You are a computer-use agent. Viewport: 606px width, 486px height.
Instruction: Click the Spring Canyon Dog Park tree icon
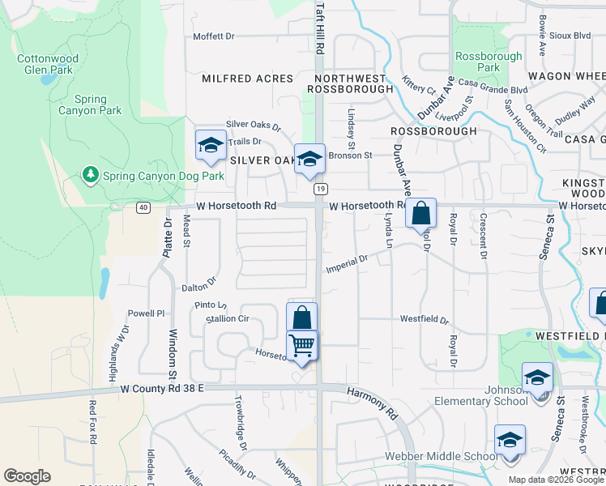point(91,175)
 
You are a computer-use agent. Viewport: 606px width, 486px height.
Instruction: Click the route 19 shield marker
point(322,189)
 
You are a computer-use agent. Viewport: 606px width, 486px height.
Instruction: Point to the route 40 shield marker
point(143,207)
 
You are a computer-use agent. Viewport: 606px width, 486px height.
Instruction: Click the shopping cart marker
point(302,345)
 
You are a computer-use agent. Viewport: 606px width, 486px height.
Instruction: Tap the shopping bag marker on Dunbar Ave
point(421,215)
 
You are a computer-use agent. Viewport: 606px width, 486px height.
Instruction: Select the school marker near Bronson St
point(309,160)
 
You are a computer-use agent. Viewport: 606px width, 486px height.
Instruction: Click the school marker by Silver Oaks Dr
point(211,145)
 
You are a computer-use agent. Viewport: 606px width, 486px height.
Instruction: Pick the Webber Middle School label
point(450,457)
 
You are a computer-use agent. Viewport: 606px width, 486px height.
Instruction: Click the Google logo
point(27,476)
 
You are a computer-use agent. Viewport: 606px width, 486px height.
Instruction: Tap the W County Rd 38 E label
point(162,390)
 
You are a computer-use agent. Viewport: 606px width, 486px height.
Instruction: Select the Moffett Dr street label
point(213,36)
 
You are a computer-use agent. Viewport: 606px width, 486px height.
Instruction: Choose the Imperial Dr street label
point(347,264)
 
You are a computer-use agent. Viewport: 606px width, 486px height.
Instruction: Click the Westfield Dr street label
point(424,319)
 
